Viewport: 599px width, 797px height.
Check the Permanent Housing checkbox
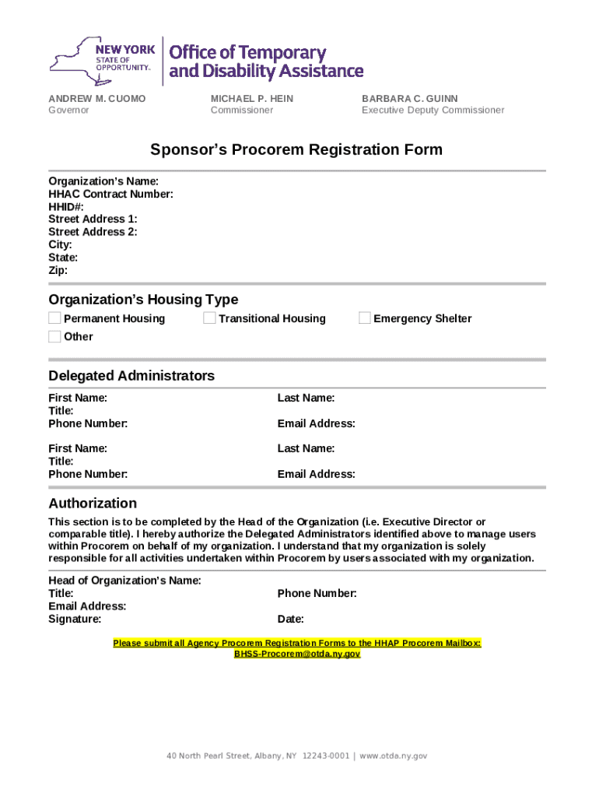(x=54, y=318)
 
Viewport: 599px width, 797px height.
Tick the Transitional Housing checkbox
(x=209, y=318)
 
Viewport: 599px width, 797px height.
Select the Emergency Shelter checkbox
(x=365, y=318)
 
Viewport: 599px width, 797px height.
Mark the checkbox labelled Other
(x=54, y=336)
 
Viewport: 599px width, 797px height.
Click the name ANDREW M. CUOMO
(x=97, y=99)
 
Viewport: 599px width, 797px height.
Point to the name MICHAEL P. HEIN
(x=252, y=99)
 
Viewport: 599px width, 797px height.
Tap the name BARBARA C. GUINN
(x=410, y=99)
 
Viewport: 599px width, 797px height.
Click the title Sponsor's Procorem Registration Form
(x=296, y=149)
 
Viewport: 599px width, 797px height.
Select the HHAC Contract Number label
(x=110, y=194)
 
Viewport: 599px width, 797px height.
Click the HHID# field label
(x=66, y=206)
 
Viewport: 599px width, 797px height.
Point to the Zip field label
(x=58, y=270)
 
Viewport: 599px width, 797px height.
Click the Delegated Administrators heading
(x=131, y=376)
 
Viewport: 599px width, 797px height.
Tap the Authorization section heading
(x=93, y=503)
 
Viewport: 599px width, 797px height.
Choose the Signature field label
(x=75, y=620)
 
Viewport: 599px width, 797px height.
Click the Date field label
(x=290, y=620)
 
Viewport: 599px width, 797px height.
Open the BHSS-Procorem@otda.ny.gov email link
(x=297, y=655)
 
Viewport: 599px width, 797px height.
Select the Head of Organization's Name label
(x=124, y=581)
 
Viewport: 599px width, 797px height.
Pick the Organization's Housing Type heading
(x=143, y=300)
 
